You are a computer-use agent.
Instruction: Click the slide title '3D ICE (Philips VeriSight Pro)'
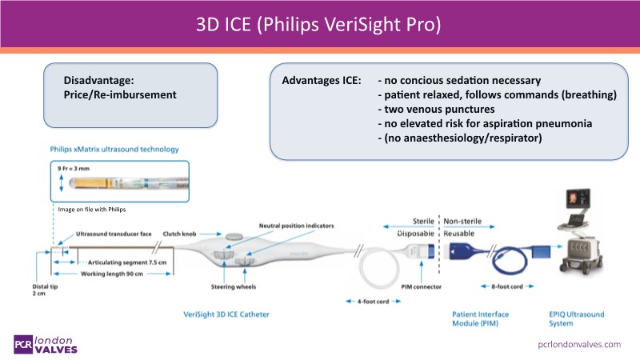tap(320, 23)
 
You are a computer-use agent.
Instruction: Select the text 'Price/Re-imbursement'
tap(120, 95)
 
